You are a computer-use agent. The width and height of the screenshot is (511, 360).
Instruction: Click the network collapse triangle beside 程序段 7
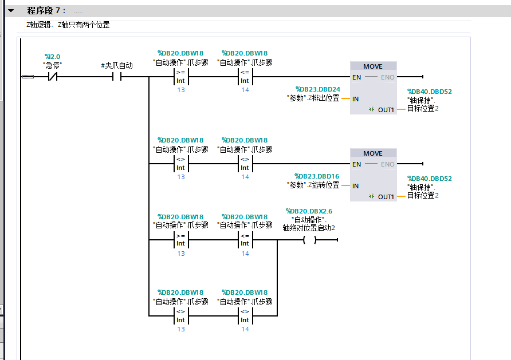pyautogui.click(x=11, y=11)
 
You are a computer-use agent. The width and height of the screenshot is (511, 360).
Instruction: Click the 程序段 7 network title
pyautogui.click(x=46, y=11)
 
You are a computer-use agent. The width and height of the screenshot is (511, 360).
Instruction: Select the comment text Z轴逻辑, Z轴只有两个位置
pyautogui.click(x=68, y=25)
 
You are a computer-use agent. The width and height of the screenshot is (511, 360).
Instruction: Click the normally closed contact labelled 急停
pyautogui.click(x=53, y=77)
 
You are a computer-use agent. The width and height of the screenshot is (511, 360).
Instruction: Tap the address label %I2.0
pyautogui.click(x=53, y=57)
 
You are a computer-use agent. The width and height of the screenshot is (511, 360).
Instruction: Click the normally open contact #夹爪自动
pyautogui.click(x=117, y=77)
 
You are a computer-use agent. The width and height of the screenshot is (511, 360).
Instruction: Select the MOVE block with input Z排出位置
pyautogui.click(x=374, y=88)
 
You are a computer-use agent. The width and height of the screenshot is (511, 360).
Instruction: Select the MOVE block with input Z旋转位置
pyautogui.click(x=374, y=175)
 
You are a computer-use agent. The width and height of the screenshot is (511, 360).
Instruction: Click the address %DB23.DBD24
pyautogui.click(x=317, y=89)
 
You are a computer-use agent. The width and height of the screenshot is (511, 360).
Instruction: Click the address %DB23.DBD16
pyautogui.click(x=317, y=176)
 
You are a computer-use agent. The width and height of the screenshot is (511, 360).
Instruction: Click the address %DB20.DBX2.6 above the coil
pyautogui.click(x=309, y=211)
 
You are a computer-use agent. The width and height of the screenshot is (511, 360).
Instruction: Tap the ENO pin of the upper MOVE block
pyautogui.click(x=387, y=77)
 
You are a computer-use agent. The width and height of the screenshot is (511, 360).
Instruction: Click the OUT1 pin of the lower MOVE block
pyautogui.click(x=386, y=197)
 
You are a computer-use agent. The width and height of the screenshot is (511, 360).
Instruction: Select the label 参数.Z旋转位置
pyautogui.click(x=313, y=185)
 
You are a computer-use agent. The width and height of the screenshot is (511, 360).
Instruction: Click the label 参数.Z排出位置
pyautogui.click(x=313, y=98)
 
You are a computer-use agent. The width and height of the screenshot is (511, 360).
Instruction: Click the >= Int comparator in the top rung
pyautogui.click(x=181, y=77)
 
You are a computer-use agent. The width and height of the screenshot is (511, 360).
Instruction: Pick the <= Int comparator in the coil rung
pyautogui.click(x=245, y=240)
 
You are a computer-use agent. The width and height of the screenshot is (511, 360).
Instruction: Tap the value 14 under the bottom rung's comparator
pyautogui.click(x=245, y=329)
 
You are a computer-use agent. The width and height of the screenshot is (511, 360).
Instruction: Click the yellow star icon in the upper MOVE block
pyautogui.click(x=372, y=109)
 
